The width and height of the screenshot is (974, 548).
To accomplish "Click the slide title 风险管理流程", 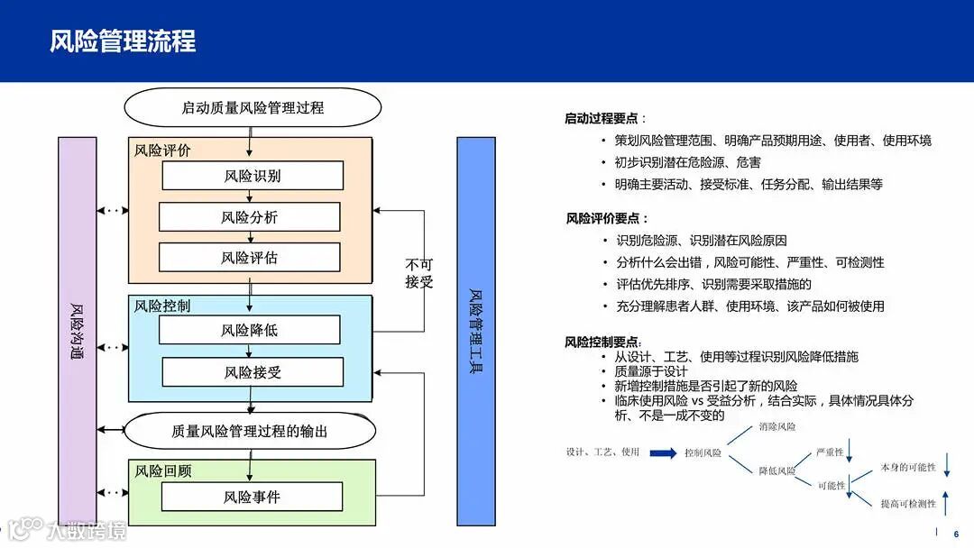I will click(x=123, y=41).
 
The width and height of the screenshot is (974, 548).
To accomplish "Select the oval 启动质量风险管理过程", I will click(x=253, y=108).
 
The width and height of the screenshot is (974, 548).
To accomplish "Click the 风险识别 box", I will click(x=253, y=176).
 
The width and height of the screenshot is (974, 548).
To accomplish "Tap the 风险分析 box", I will click(x=250, y=217).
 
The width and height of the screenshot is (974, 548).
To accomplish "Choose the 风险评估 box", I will click(x=250, y=258).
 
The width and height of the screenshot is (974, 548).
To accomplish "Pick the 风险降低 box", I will click(x=250, y=330).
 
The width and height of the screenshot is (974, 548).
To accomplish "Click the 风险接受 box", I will click(x=253, y=372).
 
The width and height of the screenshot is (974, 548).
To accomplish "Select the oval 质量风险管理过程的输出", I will click(x=250, y=432).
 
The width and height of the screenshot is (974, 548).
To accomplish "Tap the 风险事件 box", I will click(x=253, y=497).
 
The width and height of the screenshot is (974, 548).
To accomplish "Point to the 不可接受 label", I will click(x=419, y=274).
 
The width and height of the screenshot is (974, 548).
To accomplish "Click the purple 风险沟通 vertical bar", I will click(x=77, y=332).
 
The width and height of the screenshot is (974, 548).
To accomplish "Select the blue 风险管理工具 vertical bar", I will click(x=476, y=332).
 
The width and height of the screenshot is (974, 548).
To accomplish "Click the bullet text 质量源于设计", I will click(x=650, y=371).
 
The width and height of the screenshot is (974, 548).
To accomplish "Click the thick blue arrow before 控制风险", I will click(x=662, y=452).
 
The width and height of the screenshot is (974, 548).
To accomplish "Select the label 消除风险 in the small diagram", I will click(x=777, y=425).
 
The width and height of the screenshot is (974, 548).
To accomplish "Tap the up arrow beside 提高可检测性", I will click(x=945, y=501).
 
